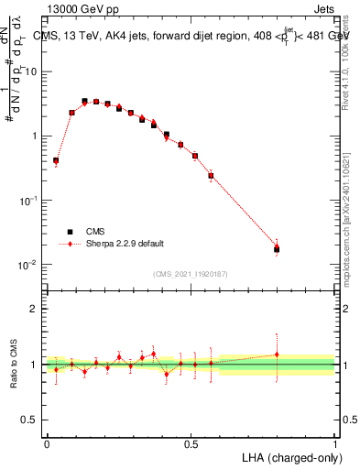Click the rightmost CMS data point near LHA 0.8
[277, 249]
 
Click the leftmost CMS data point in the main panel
[56, 160]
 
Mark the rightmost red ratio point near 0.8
[277, 354]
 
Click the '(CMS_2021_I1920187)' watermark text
[190, 273]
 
